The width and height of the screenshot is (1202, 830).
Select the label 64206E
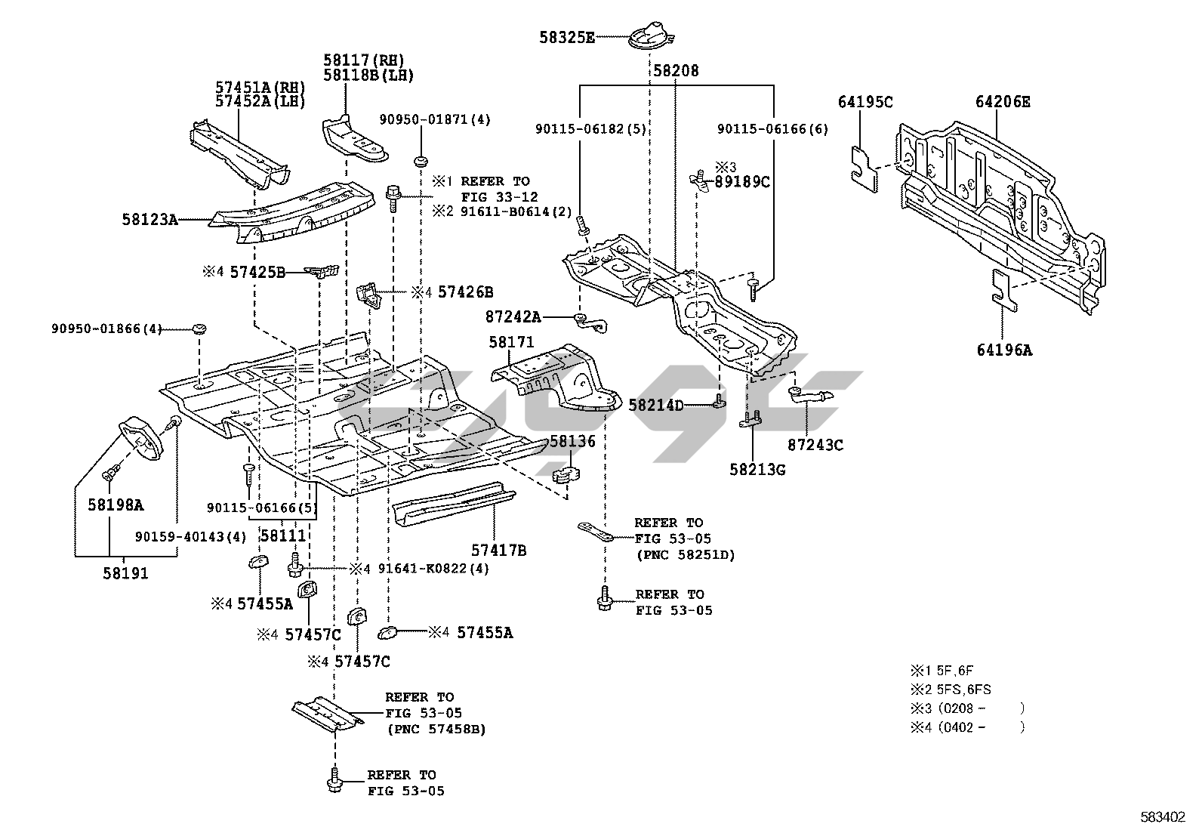click(1002, 101)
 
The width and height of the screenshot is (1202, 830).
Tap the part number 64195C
click(865, 101)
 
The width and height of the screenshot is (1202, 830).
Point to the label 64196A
click(1003, 350)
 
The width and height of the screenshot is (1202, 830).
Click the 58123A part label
click(149, 220)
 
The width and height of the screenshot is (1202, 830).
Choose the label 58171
click(511, 342)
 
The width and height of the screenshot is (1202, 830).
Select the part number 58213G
click(757, 470)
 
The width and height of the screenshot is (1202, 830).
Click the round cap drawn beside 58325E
click(651, 37)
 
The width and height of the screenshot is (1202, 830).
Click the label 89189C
click(742, 181)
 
